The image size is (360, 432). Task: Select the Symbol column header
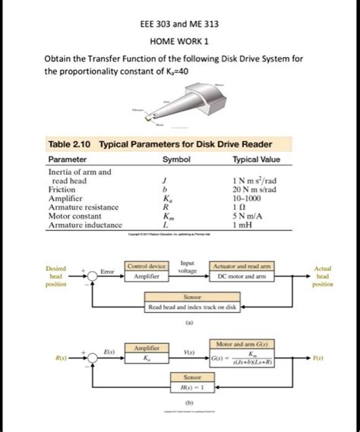click(x=175, y=160)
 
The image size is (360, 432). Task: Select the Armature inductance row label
click(x=84, y=225)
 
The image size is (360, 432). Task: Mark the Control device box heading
click(x=147, y=267)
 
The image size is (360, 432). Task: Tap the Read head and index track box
click(x=193, y=308)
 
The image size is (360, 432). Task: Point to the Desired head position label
click(x=55, y=276)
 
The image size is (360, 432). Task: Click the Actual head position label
click(x=323, y=276)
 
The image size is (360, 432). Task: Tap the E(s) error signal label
click(x=109, y=352)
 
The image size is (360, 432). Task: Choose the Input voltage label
click(x=187, y=266)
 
